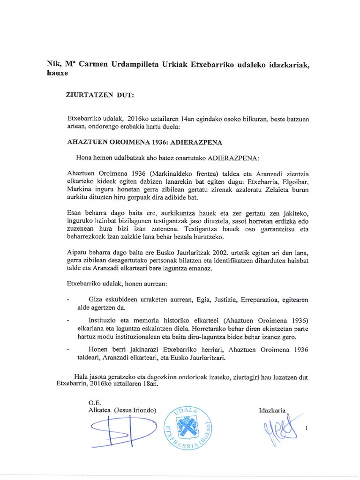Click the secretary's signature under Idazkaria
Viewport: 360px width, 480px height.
click(280, 428)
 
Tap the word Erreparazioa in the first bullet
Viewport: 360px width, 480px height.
click(251, 299)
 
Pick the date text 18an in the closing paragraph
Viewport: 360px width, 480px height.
click(151, 384)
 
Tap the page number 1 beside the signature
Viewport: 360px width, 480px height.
click(307, 427)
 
